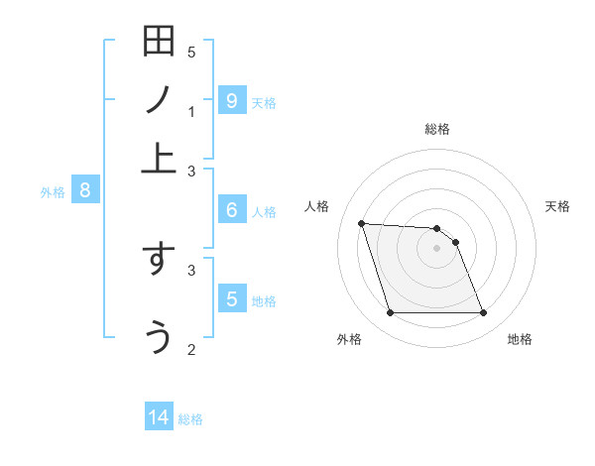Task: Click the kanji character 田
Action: point(159,43)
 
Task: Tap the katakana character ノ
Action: point(159,99)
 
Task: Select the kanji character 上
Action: point(159,157)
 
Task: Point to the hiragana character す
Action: point(159,260)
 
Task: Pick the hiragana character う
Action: point(159,336)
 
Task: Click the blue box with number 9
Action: point(231,100)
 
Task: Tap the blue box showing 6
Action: point(231,210)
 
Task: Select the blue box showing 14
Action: point(159,418)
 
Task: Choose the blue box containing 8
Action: point(85,190)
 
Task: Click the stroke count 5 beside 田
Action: point(191,53)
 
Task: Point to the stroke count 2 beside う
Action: point(191,348)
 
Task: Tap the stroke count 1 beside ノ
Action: point(191,112)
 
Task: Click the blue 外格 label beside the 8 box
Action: point(53,192)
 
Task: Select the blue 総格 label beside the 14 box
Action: point(190,419)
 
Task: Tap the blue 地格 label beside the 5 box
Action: point(264,301)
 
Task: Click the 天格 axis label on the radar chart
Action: point(557,206)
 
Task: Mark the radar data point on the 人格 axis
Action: point(361,223)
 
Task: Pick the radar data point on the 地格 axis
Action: point(483,313)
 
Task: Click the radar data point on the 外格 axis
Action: point(390,313)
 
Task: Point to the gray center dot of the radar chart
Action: point(436,248)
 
